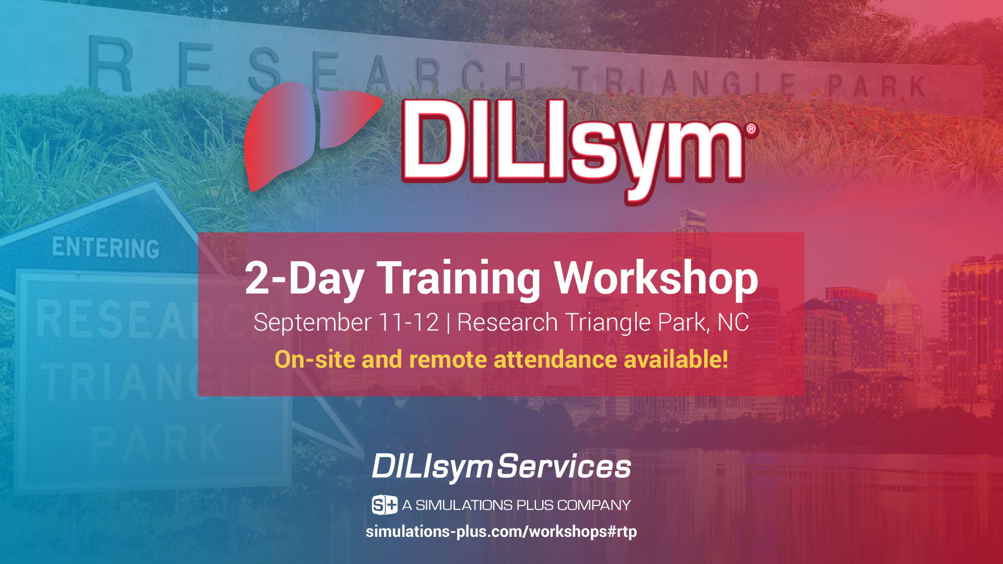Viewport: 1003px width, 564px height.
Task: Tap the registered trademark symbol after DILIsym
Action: (x=751, y=129)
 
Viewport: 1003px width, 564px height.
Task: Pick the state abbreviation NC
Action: (x=733, y=322)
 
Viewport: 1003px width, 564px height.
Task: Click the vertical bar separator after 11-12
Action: (x=448, y=323)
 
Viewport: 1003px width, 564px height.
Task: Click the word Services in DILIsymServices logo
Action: (x=564, y=466)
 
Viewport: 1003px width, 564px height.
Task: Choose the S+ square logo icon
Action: (x=384, y=505)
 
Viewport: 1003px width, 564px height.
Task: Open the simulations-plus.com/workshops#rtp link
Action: (x=501, y=532)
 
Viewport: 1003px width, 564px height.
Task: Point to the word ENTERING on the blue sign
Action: (x=106, y=248)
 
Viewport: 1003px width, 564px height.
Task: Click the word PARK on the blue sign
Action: (x=157, y=444)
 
